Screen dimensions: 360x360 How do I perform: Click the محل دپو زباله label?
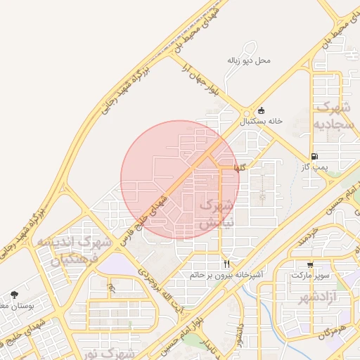coord(248,60)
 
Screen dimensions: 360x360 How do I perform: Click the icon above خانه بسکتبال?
coord(262,110)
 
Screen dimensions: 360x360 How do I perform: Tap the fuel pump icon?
coord(314,156)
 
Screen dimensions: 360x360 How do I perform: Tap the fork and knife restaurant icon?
coord(226,264)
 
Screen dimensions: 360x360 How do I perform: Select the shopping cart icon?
coord(311,264)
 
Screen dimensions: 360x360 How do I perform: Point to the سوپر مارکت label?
coord(311,275)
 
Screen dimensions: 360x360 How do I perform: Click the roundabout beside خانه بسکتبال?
coord(245,112)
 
